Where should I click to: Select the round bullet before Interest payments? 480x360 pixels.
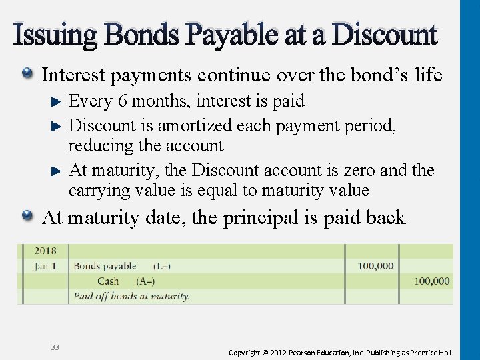pyautogui.click(x=29, y=74)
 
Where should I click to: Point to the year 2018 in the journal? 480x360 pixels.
pyautogui.click(x=45, y=251)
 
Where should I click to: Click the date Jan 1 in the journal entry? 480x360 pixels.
pyautogui.click(x=45, y=266)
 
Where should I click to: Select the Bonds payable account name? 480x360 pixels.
pyautogui.click(x=105, y=266)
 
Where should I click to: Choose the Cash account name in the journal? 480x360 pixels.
pyautogui.click(x=108, y=281)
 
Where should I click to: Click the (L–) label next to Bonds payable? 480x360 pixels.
pyautogui.click(x=161, y=266)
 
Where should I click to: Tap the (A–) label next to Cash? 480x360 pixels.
pyautogui.click(x=145, y=281)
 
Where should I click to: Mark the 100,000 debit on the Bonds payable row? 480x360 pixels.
pyautogui.click(x=375, y=266)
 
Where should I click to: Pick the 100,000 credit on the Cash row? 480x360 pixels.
pyautogui.click(x=431, y=281)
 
